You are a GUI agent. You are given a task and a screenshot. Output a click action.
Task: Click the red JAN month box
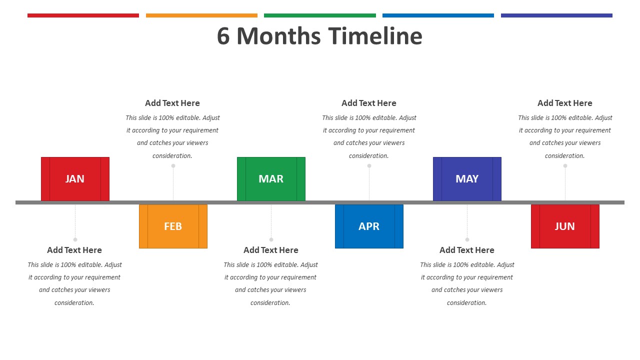pyautogui.click(x=75, y=179)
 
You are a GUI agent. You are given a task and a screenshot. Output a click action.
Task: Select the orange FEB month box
pyautogui.click(x=173, y=226)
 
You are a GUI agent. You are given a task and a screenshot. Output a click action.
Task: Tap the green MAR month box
pyautogui.click(x=271, y=179)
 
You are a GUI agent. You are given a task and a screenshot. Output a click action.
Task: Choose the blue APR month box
pyautogui.click(x=369, y=226)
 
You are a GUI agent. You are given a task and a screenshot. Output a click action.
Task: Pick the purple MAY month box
pyautogui.click(x=467, y=179)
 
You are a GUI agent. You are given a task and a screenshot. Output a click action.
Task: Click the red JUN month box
pyautogui.click(x=565, y=226)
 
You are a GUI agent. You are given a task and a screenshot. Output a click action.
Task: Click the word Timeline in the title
pyautogui.click(x=375, y=36)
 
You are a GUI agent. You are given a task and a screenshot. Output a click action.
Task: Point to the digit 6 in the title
pyautogui.click(x=223, y=36)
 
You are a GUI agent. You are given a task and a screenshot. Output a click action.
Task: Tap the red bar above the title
pyautogui.click(x=83, y=15)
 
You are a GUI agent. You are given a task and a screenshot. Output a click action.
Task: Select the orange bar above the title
pyautogui.click(x=201, y=15)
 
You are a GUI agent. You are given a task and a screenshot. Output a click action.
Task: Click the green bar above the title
pyautogui.click(x=320, y=15)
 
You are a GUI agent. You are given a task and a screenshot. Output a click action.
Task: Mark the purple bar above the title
pyautogui.click(x=556, y=15)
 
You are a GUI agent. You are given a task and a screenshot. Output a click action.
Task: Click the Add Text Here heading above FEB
pyautogui.click(x=172, y=103)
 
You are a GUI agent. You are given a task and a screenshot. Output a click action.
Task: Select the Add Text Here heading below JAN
pyautogui.click(x=74, y=250)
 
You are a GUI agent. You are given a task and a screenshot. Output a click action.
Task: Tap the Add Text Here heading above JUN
pyautogui.click(x=565, y=103)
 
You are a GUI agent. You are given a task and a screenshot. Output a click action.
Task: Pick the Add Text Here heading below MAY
pyautogui.click(x=467, y=250)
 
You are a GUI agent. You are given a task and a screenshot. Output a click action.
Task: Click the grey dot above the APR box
pyautogui.click(x=369, y=165)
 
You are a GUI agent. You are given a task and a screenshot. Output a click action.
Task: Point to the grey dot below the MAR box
pyautogui.click(x=271, y=239)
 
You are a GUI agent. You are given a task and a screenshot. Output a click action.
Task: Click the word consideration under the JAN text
pyautogui.click(x=74, y=303)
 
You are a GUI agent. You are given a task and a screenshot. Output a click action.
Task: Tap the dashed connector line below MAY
pyautogui.click(x=467, y=221)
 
